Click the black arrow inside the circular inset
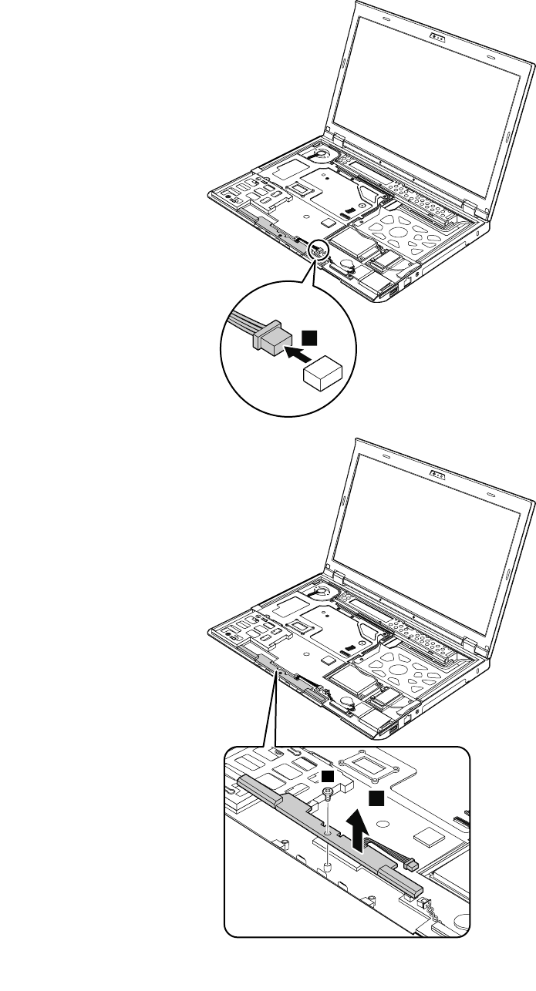point(293,354)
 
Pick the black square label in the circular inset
point(309,336)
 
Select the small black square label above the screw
point(328,774)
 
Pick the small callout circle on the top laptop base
point(318,250)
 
